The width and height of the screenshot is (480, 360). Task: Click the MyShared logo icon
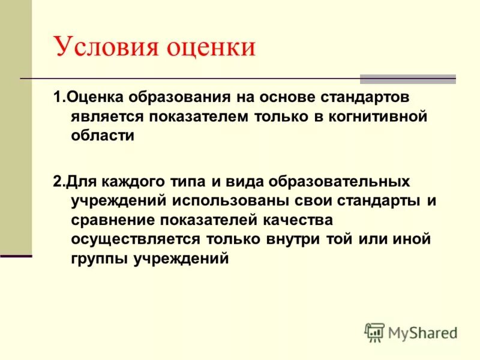374,332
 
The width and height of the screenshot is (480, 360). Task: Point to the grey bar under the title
407,79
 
